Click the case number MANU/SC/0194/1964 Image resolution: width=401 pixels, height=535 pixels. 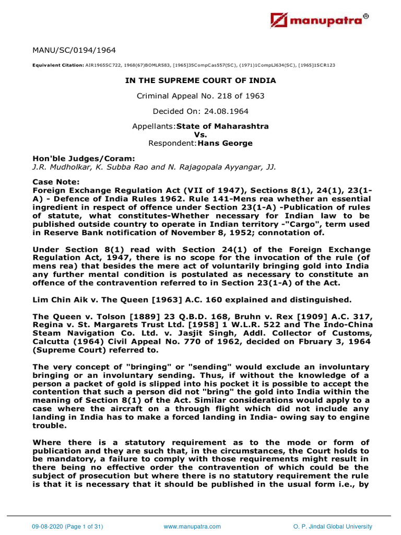(74, 50)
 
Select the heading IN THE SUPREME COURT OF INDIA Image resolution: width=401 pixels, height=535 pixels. (200, 80)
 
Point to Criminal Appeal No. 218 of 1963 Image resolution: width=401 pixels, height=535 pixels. (200, 96)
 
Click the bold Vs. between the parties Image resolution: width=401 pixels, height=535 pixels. (200, 135)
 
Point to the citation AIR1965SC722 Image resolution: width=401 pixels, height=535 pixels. (103, 66)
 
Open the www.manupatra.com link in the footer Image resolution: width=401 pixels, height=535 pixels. (192, 526)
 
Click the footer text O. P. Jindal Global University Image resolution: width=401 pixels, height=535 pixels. (333, 526)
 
